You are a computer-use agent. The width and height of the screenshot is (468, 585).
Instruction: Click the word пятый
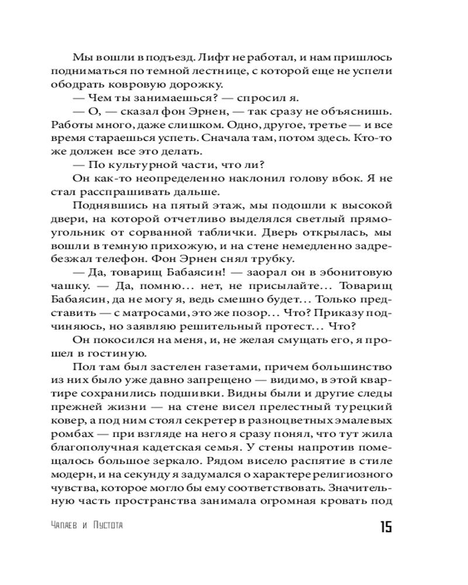click(195, 206)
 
